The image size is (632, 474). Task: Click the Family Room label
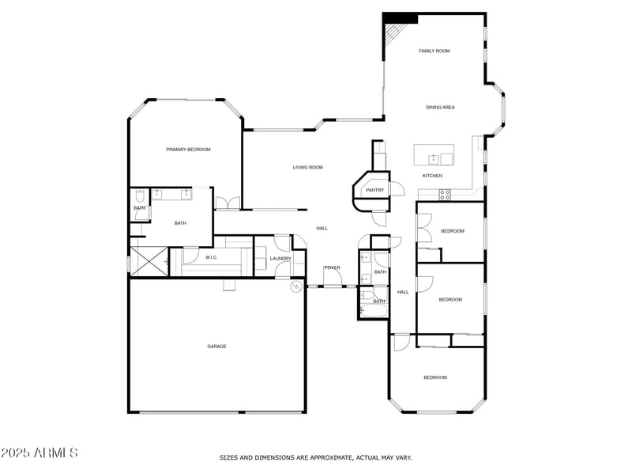[x=434, y=51]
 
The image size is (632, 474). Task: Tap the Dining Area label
[x=440, y=107]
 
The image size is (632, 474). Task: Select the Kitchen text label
[x=432, y=176]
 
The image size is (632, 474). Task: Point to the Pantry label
[x=374, y=190]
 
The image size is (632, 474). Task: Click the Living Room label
[x=307, y=167]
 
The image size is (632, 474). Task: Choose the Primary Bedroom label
[x=188, y=149]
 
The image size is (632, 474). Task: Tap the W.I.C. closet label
[x=211, y=258]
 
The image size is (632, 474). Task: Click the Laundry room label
[x=280, y=259]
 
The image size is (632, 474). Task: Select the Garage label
[x=216, y=346]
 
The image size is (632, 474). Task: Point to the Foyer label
[x=332, y=268]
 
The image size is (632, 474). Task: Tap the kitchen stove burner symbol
[x=445, y=193]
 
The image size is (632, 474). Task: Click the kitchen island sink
[x=434, y=159]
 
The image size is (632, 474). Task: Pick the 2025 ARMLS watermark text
[x=39, y=453]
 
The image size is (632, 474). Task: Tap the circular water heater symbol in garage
[x=297, y=286]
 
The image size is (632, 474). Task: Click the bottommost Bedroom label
[x=434, y=377]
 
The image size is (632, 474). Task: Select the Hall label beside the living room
[x=322, y=228]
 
